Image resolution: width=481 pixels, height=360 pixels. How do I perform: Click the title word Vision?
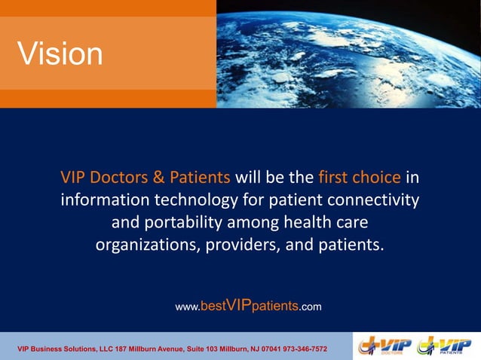[x=60, y=53]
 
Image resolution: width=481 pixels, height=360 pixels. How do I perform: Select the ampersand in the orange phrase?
[x=159, y=178]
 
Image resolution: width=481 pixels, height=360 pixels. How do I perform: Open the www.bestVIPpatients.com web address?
[x=248, y=306]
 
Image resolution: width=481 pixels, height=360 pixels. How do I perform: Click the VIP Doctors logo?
[x=385, y=346]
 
